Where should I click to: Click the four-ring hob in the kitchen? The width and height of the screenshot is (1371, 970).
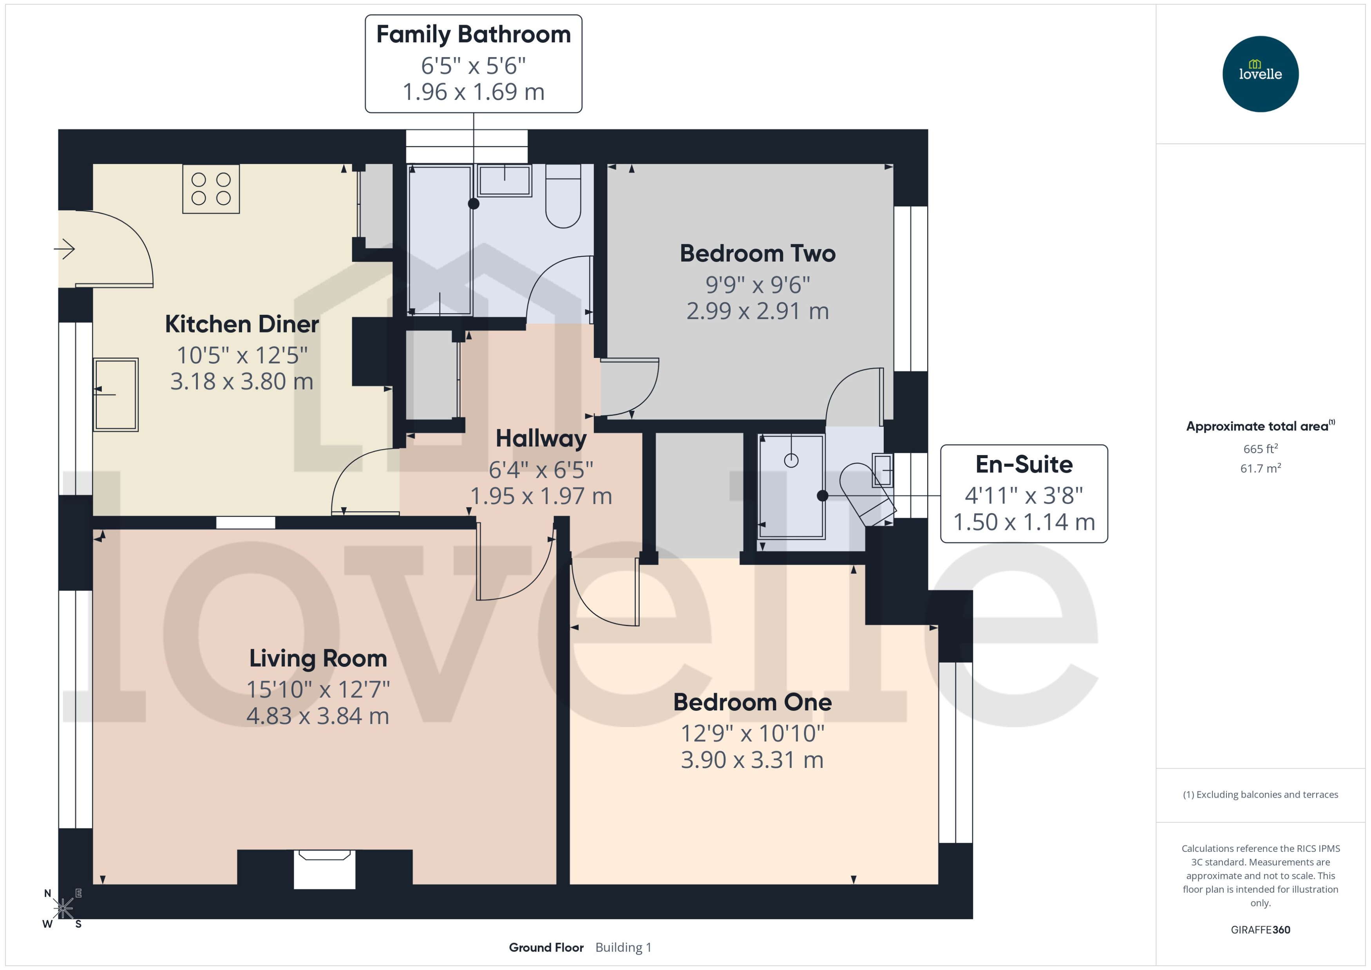(x=211, y=189)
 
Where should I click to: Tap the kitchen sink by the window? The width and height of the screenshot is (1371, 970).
(x=116, y=394)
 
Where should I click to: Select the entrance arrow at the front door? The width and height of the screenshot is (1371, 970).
(x=65, y=249)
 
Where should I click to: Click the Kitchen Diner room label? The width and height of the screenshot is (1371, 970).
(x=242, y=324)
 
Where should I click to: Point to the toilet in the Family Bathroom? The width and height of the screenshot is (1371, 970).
(x=563, y=197)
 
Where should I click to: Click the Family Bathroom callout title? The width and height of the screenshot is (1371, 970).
(x=473, y=34)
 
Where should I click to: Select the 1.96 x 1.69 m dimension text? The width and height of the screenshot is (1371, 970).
(x=473, y=92)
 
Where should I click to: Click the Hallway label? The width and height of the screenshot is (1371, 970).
(x=541, y=439)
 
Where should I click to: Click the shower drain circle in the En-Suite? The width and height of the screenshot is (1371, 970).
(x=791, y=461)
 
